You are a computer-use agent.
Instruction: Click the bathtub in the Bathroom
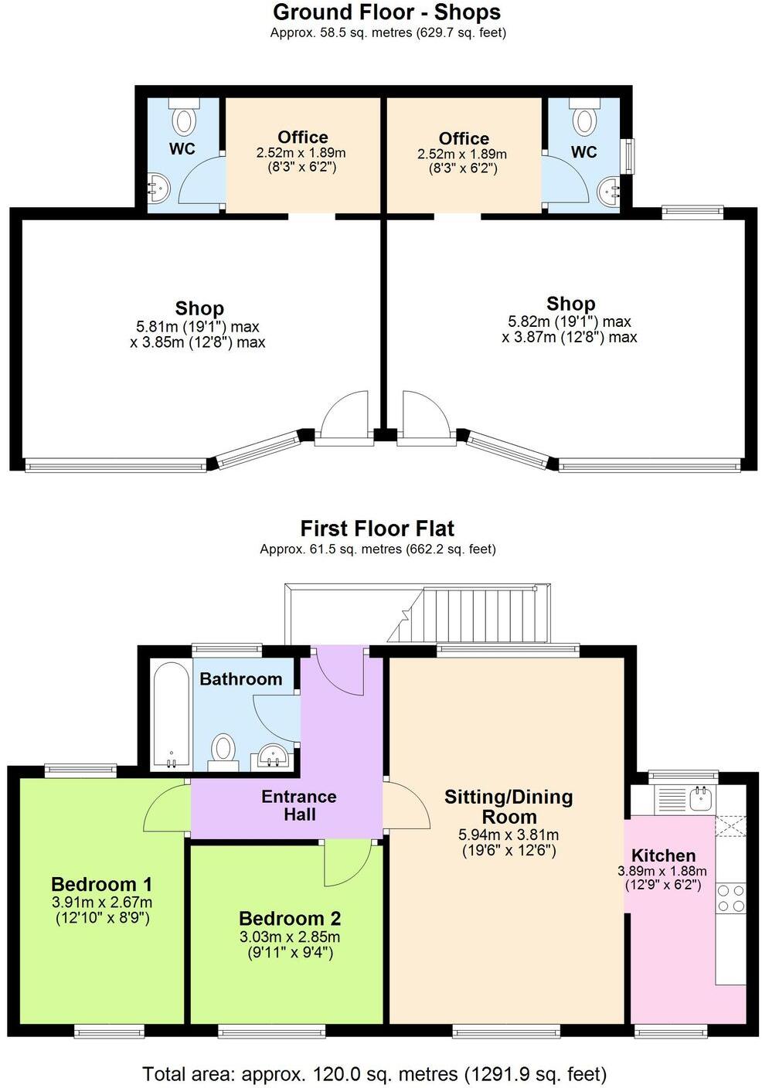point(171,715)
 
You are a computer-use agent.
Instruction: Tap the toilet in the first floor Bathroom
point(223,749)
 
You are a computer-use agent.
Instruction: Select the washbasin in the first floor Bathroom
point(272,755)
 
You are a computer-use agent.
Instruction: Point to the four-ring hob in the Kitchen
point(731,899)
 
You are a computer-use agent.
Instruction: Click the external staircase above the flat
point(471,614)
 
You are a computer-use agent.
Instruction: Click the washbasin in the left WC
point(159,187)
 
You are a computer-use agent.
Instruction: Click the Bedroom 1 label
point(101,884)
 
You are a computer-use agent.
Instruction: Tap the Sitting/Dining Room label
point(509,807)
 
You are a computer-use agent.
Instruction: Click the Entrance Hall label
point(299,805)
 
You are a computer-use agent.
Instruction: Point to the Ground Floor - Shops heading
point(386,12)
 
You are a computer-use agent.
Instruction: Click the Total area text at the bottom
point(374,1073)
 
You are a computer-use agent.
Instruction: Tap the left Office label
point(302,137)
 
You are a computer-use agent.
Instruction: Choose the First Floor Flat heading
point(377,529)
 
